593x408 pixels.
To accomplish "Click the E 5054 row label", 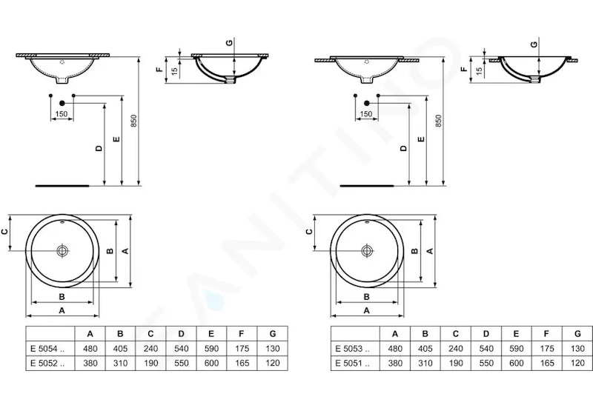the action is pos(47,349).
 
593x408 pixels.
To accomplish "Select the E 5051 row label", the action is pos(353,364).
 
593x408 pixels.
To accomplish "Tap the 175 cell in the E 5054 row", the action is pos(242,349).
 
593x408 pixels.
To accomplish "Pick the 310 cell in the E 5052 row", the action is pos(120,364).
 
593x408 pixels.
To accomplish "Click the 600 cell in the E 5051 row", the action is pos(516,364).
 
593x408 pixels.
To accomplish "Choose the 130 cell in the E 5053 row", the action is pos(577,349).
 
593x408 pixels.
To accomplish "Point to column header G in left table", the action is pos(273,334).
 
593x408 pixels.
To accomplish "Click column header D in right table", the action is pos(486,334).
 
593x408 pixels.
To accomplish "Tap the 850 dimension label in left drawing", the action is pos(133,121).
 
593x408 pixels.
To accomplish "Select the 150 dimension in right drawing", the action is pos(366,114).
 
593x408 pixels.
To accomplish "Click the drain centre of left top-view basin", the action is pos(62,250).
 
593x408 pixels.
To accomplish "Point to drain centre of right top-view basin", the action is pos(367,250).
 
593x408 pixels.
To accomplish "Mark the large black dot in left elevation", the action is pos(62,103).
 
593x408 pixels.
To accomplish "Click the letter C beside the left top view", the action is pos(5,232).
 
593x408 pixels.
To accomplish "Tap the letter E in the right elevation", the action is pos(421,139).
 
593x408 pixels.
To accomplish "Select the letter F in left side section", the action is pos(159,69).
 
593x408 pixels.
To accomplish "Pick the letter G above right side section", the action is pos(534,44).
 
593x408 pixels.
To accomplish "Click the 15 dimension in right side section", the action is pos(479,70).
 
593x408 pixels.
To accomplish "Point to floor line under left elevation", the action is pos(62,186).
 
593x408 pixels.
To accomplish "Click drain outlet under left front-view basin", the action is pos(62,80).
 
